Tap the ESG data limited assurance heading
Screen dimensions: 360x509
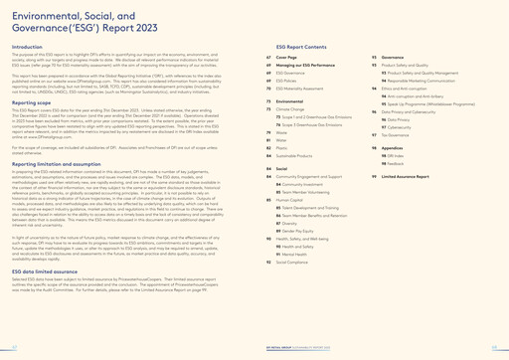[x=46, y=297]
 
